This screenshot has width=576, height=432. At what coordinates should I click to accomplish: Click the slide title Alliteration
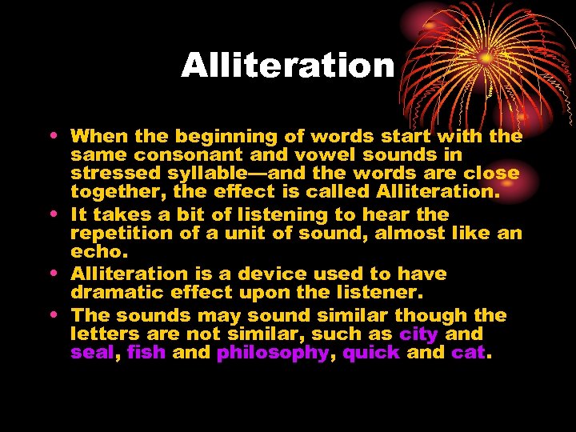(x=288, y=66)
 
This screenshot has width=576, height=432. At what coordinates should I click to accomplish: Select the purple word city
(x=418, y=334)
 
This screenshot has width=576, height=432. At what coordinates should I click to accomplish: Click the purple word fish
(x=146, y=353)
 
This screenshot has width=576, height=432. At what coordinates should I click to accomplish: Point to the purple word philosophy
(x=273, y=353)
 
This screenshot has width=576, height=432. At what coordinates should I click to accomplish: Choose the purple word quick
(x=370, y=353)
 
